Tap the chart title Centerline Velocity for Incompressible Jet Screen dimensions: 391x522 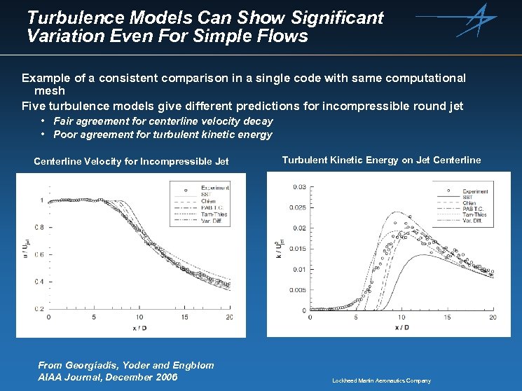point(131,162)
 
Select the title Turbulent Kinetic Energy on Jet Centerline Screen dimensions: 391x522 point(381,160)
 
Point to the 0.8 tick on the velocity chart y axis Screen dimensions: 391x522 point(39,228)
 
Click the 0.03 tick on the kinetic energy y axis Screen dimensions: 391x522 point(299,186)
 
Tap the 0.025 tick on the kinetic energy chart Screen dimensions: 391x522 point(298,207)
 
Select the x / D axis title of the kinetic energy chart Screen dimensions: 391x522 point(402,327)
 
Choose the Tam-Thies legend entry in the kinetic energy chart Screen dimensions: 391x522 point(476,214)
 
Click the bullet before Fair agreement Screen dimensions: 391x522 point(43,121)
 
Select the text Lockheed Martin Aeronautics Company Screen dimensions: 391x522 point(381,380)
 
